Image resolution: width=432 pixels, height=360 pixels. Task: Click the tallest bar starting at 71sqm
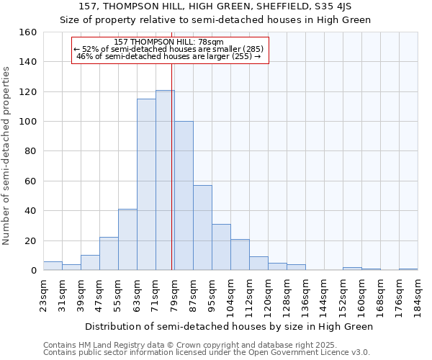tap(165, 180)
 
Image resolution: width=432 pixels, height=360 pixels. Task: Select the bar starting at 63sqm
tap(146, 184)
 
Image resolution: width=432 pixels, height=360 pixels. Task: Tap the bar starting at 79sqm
tap(184, 196)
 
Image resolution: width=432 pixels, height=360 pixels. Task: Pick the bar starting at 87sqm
tap(202, 228)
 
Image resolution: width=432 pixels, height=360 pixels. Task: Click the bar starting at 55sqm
tap(127, 240)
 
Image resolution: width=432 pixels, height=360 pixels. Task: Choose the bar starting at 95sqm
tap(221, 247)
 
